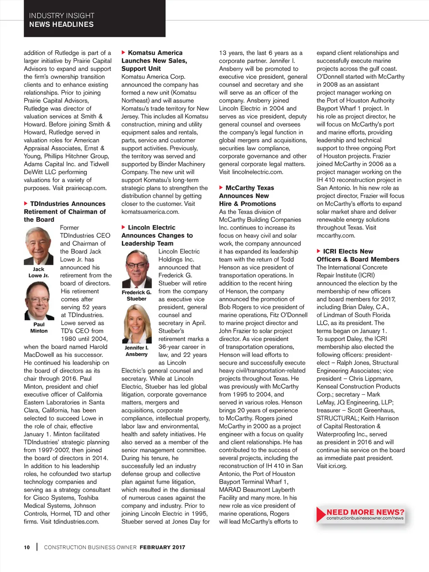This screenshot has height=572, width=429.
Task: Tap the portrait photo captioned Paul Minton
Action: [x=39, y=301]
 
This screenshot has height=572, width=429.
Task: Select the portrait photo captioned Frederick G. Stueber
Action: [x=137, y=269]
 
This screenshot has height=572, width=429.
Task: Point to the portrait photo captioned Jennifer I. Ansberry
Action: [x=137, y=324]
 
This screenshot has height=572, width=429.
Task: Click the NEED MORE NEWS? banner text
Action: [x=365, y=512]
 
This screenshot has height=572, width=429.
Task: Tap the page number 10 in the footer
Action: [x=27, y=547]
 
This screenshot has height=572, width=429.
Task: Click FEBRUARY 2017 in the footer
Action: [x=162, y=547]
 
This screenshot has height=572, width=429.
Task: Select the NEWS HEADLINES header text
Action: [x=61, y=24]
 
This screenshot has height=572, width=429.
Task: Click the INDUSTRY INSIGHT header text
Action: [x=62, y=16]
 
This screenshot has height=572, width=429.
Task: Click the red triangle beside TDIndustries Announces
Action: [x=26, y=204]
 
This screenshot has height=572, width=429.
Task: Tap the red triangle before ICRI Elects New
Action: [x=319, y=251]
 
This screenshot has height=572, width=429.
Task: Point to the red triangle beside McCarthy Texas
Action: [x=221, y=188]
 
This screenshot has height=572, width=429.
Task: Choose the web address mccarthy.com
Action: [x=336, y=236]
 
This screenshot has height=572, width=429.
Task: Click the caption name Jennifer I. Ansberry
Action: [x=137, y=351]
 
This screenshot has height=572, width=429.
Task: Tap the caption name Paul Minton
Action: [x=39, y=328]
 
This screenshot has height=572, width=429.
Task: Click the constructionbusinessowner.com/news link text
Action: [x=365, y=518]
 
